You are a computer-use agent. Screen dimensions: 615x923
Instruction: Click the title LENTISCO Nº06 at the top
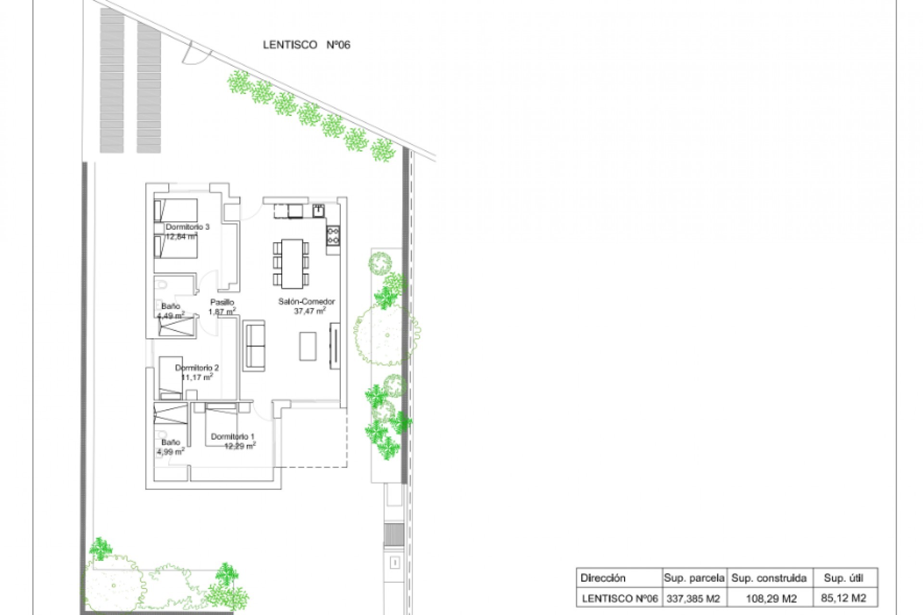coord(307,45)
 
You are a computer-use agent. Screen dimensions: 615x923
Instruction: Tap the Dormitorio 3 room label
coord(187,227)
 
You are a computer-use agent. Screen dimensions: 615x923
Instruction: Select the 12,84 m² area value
coord(182,236)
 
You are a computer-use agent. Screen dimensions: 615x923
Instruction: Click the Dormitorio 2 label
coord(197,368)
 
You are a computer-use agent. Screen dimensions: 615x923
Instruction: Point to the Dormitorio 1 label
coord(233,437)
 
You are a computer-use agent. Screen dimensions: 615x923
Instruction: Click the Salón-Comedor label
coord(307,302)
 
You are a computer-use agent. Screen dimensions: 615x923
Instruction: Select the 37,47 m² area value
coord(310,311)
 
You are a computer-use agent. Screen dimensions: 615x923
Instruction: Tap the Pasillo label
coord(222,302)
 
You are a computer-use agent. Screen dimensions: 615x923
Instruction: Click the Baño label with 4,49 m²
coord(171,306)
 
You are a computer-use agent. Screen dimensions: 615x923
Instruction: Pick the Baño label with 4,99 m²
coord(171,442)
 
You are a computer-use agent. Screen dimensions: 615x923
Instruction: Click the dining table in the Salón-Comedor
coord(292,263)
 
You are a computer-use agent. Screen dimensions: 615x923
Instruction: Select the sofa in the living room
coord(254,345)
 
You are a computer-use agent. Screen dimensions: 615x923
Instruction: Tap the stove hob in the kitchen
coord(333,235)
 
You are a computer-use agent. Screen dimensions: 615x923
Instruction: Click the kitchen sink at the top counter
coord(318,210)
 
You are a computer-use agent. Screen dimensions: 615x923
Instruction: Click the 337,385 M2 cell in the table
coord(693,599)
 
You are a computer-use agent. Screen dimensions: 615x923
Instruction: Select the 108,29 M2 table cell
coord(771,599)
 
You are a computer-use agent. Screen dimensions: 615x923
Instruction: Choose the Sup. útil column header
coord(844,578)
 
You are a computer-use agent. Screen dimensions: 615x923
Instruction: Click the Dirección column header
coord(603,578)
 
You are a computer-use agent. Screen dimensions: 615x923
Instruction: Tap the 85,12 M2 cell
coord(844,599)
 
